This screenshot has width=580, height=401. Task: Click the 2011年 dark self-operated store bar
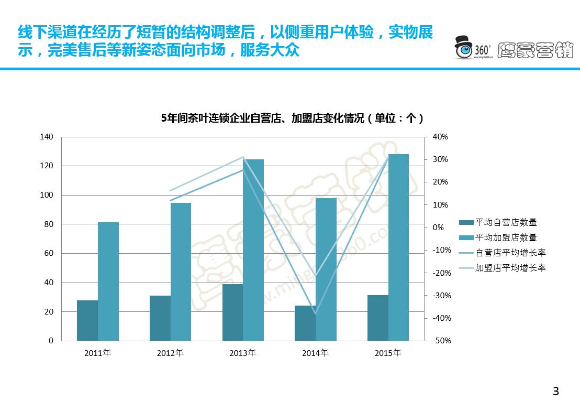87,320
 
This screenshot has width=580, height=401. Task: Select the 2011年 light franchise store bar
108,281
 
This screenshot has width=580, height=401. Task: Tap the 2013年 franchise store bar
253,250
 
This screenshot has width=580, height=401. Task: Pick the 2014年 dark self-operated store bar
305,323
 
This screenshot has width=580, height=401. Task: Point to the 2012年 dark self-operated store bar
160,318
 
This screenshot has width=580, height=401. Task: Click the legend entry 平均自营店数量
506,223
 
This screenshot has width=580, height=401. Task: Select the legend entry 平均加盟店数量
506,238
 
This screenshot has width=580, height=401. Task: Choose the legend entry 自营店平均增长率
510,253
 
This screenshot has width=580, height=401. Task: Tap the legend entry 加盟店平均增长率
510,268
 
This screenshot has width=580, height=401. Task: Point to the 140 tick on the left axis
47,137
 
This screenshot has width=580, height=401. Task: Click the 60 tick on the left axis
49,253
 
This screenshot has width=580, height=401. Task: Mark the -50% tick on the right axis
442,341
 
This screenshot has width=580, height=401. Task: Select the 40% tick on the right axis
440,137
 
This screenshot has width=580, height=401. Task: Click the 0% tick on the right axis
438,227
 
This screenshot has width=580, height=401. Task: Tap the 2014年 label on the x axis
315,353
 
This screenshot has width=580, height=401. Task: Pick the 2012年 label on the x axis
170,353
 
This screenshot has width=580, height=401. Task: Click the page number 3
556,391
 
